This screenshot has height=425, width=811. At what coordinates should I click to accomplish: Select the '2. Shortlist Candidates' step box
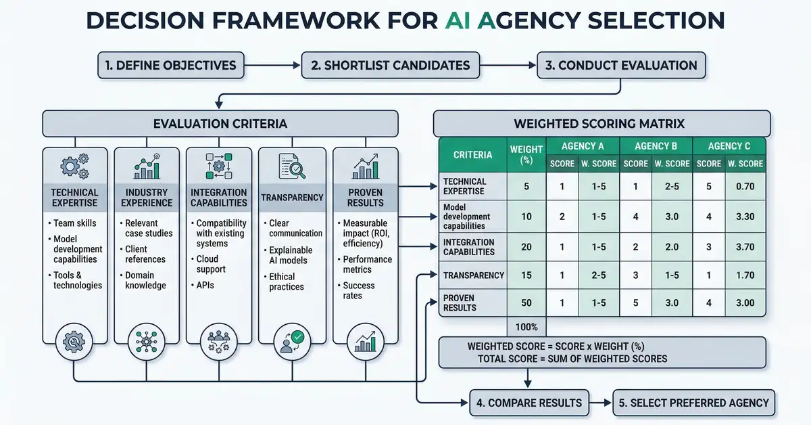[390, 66]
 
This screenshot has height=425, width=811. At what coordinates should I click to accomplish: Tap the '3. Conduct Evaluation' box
[621, 66]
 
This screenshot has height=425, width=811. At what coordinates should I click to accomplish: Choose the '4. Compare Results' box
[529, 403]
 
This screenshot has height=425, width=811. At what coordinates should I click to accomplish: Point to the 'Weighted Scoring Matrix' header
[600, 124]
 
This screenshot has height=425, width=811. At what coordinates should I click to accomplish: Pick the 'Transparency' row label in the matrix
[473, 275]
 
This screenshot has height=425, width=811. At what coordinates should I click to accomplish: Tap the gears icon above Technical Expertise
[74, 166]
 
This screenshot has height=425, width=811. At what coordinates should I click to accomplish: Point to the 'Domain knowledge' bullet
[145, 280]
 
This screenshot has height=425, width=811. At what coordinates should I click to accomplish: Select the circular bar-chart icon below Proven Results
[366, 340]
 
